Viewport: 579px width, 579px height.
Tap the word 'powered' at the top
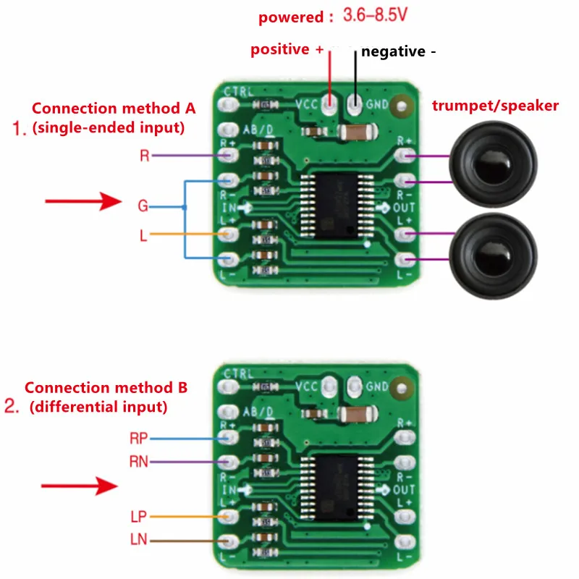point(290,17)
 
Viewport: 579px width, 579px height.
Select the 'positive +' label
point(287,50)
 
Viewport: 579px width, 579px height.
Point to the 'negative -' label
point(399,51)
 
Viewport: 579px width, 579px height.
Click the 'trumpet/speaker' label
point(495,106)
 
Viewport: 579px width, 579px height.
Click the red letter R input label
point(145,156)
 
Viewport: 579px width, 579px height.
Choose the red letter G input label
point(143,206)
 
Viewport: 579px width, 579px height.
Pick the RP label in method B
point(138,438)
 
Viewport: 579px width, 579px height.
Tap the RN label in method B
point(138,461)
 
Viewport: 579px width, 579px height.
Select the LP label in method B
point(139,517)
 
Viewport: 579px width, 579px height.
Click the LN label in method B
point(139,540)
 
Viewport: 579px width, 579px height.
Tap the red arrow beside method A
point(83,201)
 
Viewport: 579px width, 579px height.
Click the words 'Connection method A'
point(114,109)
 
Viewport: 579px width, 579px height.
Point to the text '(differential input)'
point(98,407)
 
